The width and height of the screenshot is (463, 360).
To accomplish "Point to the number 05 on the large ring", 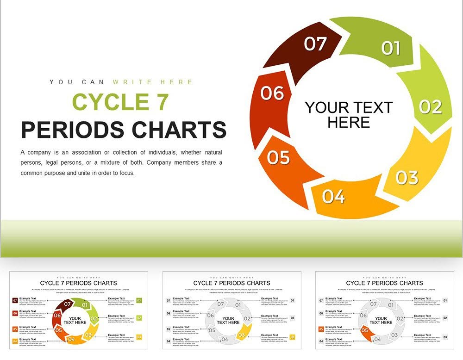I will pyautogui.click(x=278, y=157).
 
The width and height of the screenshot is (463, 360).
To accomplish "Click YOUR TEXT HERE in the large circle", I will pyautogui.click(x=349, y=115).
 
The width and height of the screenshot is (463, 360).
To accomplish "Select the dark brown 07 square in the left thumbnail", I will pyautogui.click(x=15, y=301).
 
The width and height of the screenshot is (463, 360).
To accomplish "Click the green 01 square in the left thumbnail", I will pyautogui.click(x=139, y=300).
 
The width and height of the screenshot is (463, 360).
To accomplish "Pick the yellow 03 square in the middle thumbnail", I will pyautogui.click(x=292, y=337).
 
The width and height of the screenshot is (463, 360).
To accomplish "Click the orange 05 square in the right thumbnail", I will pyautogui.click(x=321, y=329).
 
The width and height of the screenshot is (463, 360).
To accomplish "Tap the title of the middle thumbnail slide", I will pyautogui.click(x=231, y=283).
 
